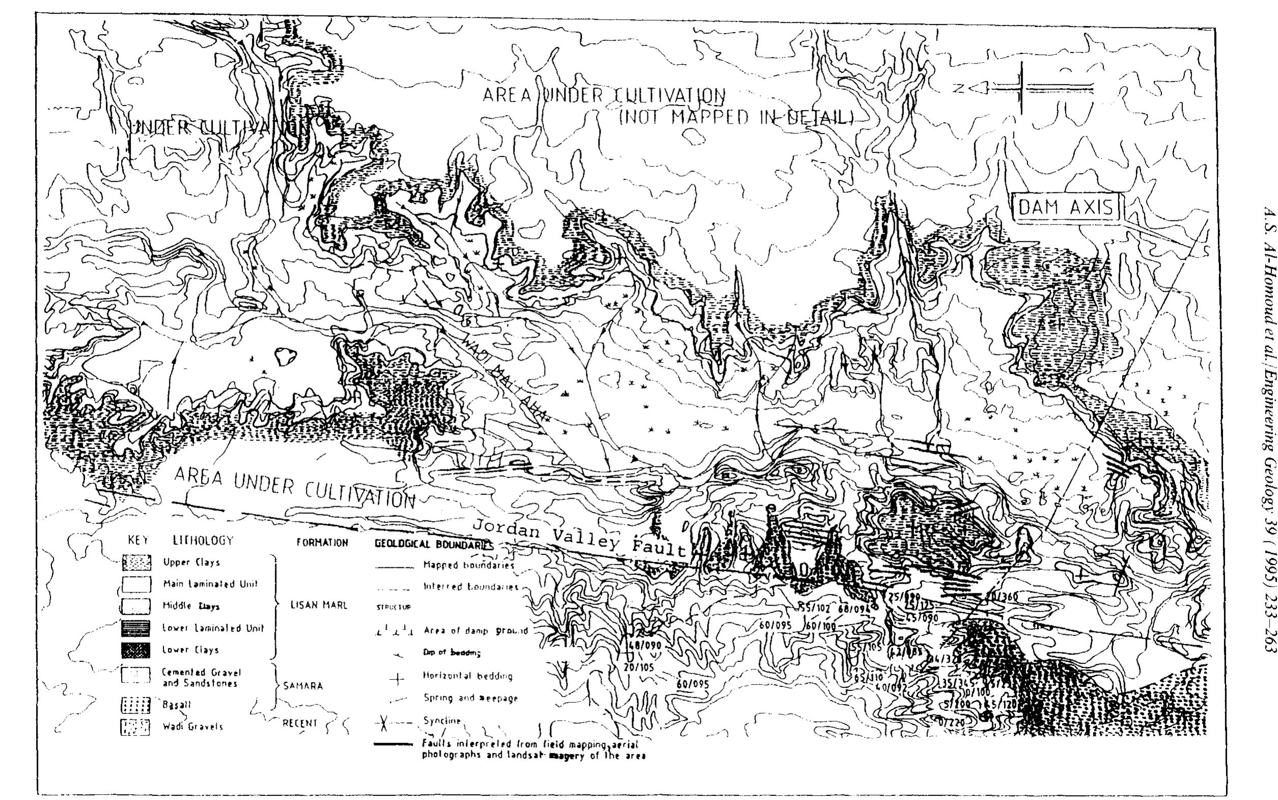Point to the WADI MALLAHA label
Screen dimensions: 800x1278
[505, 375]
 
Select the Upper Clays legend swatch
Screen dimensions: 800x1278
[136, 562]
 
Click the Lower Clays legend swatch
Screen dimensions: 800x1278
[136, 650]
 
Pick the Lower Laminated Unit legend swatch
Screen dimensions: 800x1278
[136, 628]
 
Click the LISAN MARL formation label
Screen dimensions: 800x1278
[319, 605]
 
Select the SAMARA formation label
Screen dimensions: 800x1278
[303, 686]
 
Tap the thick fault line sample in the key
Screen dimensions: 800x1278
[393, 744]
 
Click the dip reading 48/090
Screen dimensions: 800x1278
[641, 646]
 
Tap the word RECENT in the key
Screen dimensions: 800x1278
[300, 723]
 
